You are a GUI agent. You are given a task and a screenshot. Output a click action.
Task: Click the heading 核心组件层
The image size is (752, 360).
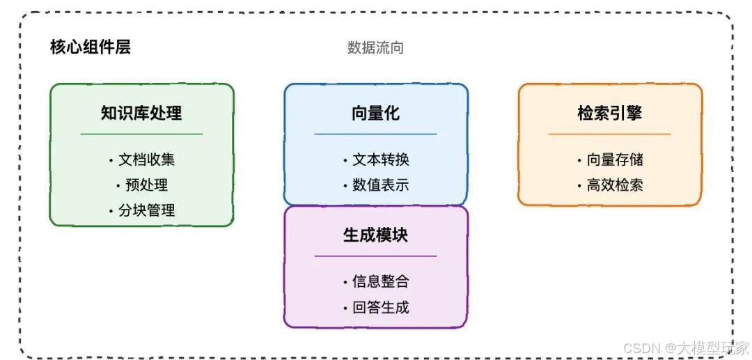(91, 47)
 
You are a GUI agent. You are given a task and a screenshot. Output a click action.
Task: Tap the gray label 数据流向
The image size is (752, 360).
(375, 47)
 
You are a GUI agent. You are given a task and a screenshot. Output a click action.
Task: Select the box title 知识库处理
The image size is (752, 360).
(141, 113)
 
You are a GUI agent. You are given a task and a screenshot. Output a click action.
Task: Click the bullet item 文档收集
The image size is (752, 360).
(146, 159)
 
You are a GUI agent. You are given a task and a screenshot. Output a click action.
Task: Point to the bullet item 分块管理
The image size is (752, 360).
(146, 210)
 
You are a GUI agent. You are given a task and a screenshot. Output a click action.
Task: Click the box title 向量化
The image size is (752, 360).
(375, 113)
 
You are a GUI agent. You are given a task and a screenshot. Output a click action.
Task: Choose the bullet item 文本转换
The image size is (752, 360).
(380, 159)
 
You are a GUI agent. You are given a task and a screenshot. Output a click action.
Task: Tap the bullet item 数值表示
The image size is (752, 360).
(380, 185)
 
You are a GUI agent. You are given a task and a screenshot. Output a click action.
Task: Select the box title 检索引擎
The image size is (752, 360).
(609, 113)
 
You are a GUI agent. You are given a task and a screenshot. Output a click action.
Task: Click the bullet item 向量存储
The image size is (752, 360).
(614, 159)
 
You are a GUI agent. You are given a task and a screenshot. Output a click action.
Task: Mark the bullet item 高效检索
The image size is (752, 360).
(614, 185)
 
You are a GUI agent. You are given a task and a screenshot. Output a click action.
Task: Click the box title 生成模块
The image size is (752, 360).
(375, 235)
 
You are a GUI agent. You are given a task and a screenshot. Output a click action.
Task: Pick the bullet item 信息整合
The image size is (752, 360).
(380, 282)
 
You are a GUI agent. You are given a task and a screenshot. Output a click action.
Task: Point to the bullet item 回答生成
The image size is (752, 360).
(380, 307)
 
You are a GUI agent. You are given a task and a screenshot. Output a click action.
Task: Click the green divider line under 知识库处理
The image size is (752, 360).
(141, 134)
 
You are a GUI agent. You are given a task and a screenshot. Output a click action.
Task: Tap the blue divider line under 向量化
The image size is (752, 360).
(375, 134)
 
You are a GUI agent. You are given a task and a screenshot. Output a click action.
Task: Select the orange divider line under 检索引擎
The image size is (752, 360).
(609, 134)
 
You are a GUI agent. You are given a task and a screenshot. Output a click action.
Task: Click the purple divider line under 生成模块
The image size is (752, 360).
(375, 256)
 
